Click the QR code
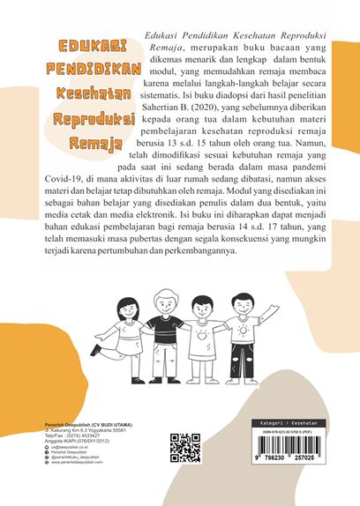click(184, 449)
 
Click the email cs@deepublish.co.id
click(67, 448)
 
